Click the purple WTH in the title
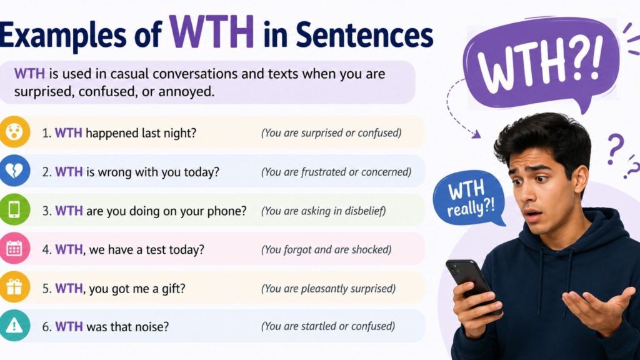pos(211,32)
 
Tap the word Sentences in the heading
pos(364,35)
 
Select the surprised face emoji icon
pos(14,132)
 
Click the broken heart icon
pos(14,171)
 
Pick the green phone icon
pos(14,209)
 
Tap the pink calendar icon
pos(14,248)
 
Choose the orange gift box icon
pos(14,287)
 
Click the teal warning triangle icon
pos(14,325)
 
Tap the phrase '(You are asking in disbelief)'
pos(323,211)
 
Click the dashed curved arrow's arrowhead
pos(476,134)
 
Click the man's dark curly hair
pos(543,139)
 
